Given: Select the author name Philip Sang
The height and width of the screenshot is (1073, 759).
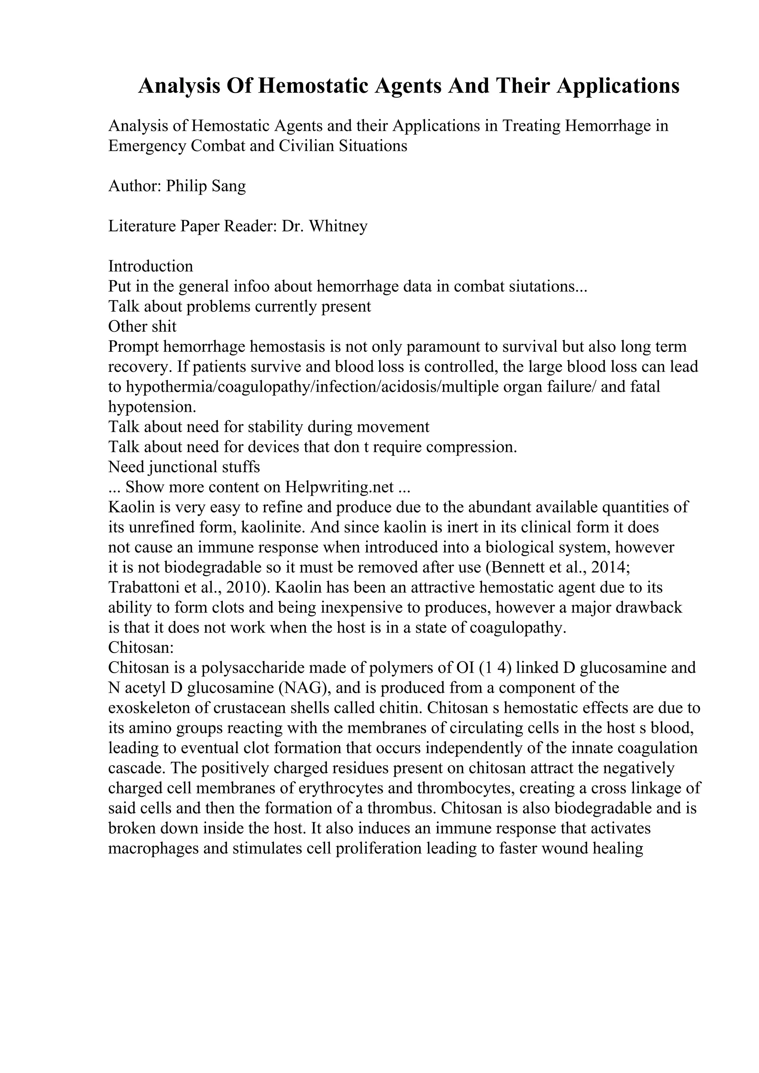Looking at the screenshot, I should [206, 186].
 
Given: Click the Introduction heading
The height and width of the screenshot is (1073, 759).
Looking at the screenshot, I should [150, 266].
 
